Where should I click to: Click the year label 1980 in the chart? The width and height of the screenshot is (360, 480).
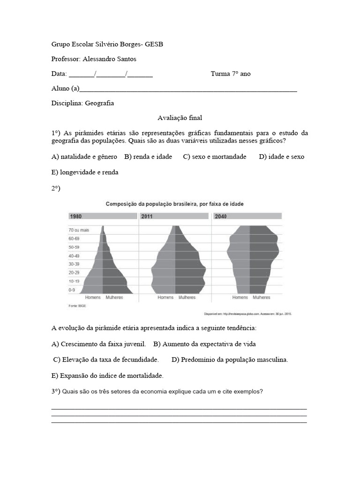tap(76, 216)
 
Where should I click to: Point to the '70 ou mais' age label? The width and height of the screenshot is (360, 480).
tap(78, 230)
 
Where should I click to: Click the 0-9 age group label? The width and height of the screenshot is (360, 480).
tap(72, 290)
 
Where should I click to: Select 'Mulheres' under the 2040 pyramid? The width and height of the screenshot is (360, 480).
tap(261, 298)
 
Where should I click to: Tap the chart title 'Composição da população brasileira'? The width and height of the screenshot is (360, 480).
tap(174, 204)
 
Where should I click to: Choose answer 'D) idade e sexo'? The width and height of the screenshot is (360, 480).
tap(281, 157)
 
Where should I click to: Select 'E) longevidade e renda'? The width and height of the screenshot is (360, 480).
tap(85, 172)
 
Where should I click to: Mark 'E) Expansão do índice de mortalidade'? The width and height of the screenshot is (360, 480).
tap(107, 375)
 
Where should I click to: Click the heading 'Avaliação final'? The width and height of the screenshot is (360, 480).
tap(180, 118)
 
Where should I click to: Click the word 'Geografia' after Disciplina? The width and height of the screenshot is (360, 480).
tap(99, 103)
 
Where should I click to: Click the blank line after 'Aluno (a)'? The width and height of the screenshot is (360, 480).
tap(187, 89)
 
